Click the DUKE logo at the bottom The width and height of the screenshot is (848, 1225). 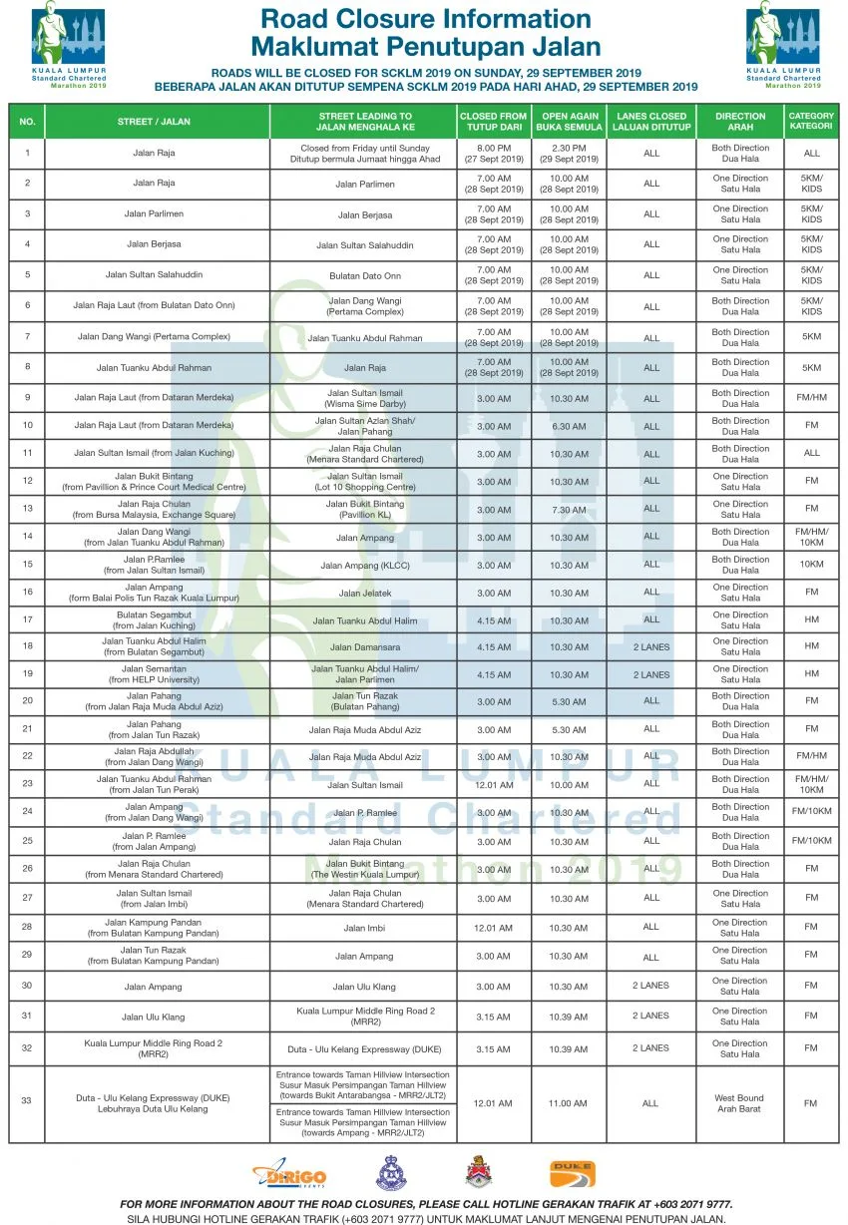[571, 1174]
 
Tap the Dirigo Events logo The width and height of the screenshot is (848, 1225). [289, 1176]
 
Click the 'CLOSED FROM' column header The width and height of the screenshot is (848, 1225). [493, 122]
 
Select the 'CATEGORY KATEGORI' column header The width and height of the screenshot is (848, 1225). [811, 122]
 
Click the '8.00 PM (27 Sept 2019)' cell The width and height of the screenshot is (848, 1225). [493, 154]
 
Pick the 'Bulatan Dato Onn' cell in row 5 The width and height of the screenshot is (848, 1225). [365, 275]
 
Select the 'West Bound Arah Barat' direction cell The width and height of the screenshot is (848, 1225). [739, 1103]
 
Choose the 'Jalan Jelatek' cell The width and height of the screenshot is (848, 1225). [365, 594]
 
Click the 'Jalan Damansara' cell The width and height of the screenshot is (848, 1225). [365, 647]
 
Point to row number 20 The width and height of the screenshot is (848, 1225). [27, 701]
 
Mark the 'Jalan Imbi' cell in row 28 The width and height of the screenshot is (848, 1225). [365, 928]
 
